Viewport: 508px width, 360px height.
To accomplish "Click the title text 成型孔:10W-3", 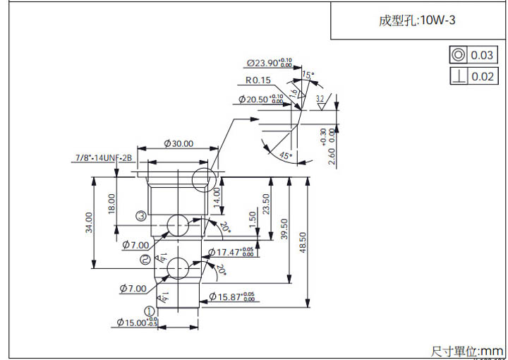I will click(417, 20).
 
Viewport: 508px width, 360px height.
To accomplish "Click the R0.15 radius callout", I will click(258, 80).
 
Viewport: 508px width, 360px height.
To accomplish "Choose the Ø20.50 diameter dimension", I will click(261, 100).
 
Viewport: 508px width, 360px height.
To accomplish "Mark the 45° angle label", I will click(285, 155).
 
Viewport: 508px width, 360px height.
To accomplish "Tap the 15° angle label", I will click(307, 75).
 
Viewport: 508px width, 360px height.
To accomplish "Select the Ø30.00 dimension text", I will click(178, 143).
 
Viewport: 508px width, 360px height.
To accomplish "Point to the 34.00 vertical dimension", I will click(89, 222).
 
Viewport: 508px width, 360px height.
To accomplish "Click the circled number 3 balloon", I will click(141, 216).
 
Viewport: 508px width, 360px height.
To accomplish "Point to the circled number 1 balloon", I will click(150, 311).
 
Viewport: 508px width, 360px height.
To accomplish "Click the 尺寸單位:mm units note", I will click(467, 351).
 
